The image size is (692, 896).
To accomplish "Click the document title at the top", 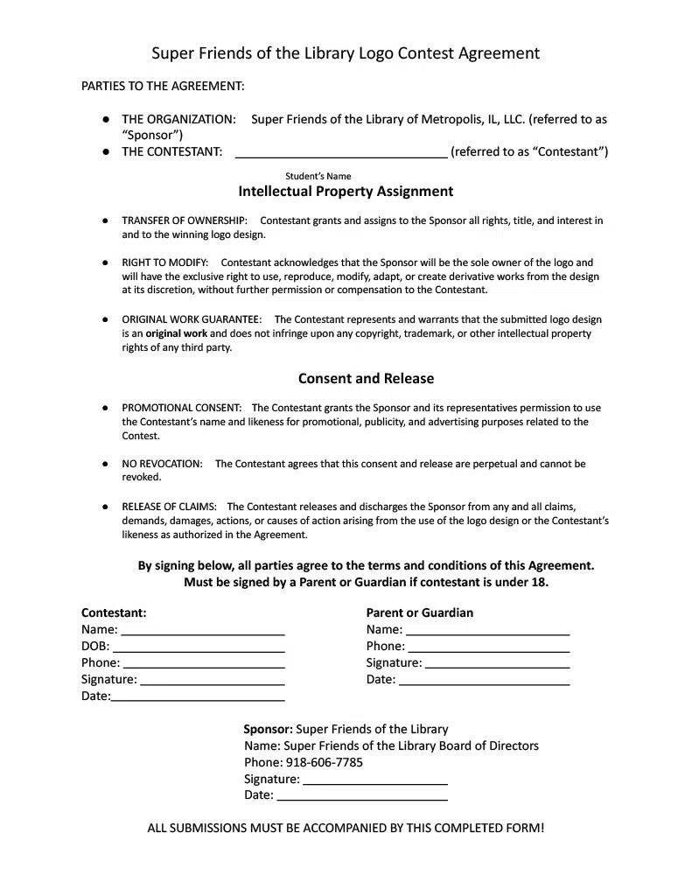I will coord(346,53).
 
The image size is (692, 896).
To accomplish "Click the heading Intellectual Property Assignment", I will coord(346,191).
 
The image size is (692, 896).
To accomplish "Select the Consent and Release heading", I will coord(366,378).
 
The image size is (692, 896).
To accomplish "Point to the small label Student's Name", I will coord(318,176).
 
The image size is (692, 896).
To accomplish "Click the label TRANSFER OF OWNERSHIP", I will coord(184,220).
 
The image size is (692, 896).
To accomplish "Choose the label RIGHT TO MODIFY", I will coord(164,262).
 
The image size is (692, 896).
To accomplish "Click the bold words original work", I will coord(176,333).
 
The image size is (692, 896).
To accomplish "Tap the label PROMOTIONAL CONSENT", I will coord(181,408).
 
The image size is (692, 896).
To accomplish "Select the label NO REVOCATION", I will coord(162,464).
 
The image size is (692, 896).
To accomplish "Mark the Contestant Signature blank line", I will coord(212,682).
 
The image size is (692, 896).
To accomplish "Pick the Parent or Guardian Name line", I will coord(488,632).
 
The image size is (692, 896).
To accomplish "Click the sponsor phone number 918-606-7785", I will coord(324,762).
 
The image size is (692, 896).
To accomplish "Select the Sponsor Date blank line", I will coord(361,797).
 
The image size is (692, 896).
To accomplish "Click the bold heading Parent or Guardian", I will coord(419,612).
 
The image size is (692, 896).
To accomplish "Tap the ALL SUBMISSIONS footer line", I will coord(346,828).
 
